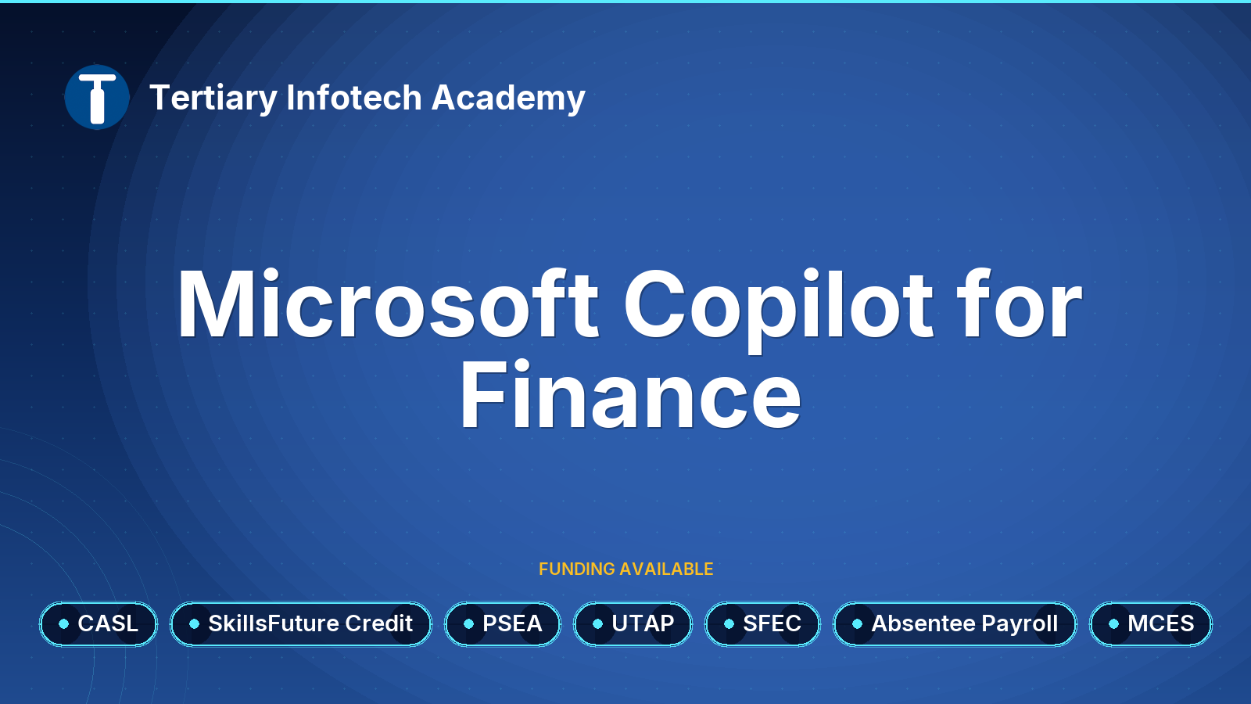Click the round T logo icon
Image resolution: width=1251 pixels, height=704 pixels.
click(97, 97)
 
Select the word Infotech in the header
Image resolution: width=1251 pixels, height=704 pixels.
click(354, 97)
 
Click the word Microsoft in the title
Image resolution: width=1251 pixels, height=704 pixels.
click(388, 304)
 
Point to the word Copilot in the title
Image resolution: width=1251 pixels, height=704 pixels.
click(779, 311)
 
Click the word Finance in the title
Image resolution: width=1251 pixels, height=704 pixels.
click(630, 394)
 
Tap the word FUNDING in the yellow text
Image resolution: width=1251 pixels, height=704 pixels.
click(577, 569)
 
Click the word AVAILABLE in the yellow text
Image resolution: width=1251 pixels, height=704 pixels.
click(666, 569)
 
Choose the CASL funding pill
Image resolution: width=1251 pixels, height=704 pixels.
click(99, 623)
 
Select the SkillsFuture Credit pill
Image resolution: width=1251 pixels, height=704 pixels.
click(301, 623)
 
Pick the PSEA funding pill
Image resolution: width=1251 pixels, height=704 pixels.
click(503, 623)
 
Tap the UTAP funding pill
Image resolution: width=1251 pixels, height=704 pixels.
click(633, 623)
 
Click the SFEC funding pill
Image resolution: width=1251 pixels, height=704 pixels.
click(762, 623)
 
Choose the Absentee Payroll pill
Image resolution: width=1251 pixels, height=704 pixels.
click(955, 623)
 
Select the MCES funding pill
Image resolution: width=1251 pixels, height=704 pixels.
click(1151, 623)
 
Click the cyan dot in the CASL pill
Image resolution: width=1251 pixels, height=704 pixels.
click(63, 623)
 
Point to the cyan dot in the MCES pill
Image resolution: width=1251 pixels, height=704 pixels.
click(1113, 623)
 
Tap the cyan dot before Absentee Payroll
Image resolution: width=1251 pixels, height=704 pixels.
click(857, 623)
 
